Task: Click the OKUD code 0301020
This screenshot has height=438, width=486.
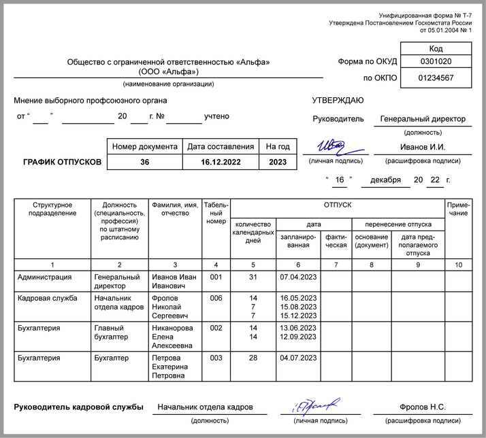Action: pos(436,61)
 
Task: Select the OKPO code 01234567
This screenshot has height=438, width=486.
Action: pos(436,78)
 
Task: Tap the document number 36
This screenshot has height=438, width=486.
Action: pos(144,162)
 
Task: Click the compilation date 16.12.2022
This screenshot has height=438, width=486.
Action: pos(221,162)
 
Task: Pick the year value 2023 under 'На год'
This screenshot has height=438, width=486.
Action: pos(278,162)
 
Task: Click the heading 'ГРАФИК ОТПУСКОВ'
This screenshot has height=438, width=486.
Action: pos(62,162)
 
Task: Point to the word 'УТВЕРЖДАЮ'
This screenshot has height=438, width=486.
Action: pos(338,101)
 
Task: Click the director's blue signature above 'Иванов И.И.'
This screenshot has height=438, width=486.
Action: pos(336,146)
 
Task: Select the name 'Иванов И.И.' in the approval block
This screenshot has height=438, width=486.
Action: pos(423,147)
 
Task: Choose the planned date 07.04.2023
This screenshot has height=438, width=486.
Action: pos(298,277)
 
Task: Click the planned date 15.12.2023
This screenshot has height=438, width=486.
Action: pos(298,316)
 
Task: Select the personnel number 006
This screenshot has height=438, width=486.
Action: pos(216,298)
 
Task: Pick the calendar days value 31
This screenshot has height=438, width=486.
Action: pos(253,277)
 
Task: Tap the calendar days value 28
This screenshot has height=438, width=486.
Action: pos(253,357)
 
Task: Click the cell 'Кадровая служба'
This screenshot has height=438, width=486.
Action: pos(42,298)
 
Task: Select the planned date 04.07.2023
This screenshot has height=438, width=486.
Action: pos(298,357)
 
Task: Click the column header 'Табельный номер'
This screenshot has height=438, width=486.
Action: pos(216,212)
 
